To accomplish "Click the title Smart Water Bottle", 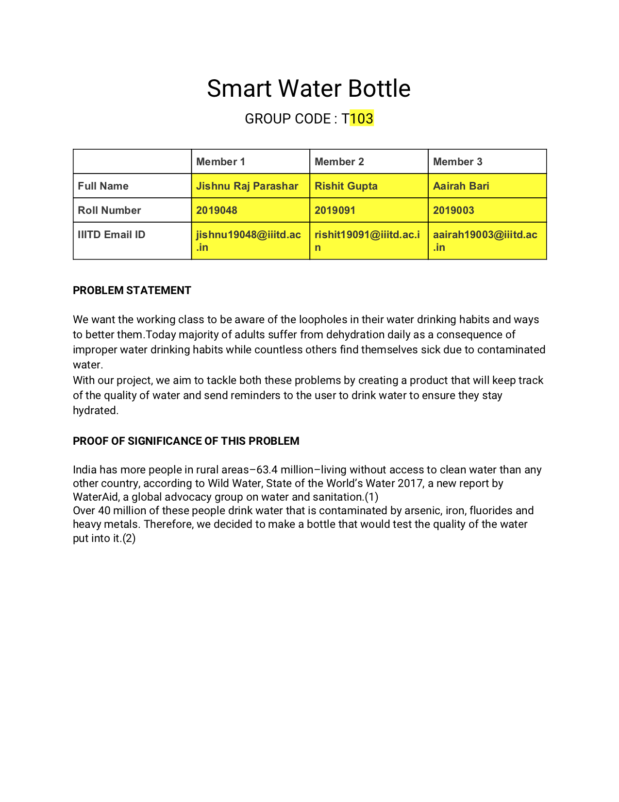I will [309, 89].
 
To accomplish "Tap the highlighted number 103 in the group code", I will [362, 119].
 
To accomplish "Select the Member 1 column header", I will [220, 162].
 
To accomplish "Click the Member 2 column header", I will [339, 162].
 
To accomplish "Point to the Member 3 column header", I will [457, 162].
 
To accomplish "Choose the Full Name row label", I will [103, 186].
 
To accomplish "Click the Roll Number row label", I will [109, 210].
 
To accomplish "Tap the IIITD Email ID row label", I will [111, 235].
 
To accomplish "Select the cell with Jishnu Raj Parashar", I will [247, 186].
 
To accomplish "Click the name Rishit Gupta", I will [346, 186].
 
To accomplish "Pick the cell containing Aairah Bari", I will [461, 186].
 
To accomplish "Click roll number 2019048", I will [217, 210].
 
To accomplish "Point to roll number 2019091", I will [335, 210].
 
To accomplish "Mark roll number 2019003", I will [453, 210].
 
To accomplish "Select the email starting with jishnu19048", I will [248, 241].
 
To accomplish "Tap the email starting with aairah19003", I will [485, 241].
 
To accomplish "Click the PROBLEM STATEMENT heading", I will [132, 290].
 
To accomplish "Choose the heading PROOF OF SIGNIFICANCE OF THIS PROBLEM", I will [186, 441].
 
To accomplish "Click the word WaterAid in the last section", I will [95, 497].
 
